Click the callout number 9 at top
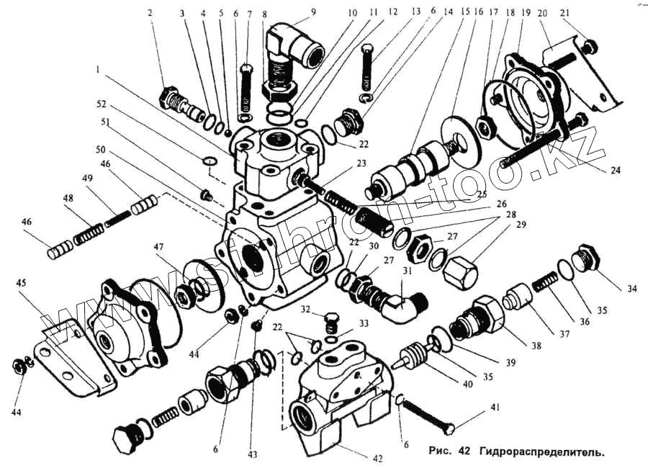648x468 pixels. coord(313,12)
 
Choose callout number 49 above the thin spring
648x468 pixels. coord(87,179)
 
